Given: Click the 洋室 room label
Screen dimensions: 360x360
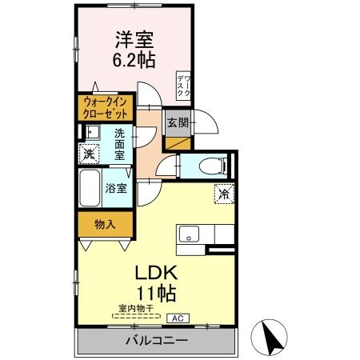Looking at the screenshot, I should pyautogui.click(x=134, y=38).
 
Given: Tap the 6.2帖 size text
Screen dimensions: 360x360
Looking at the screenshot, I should pyautogui.click(x=134, y=60).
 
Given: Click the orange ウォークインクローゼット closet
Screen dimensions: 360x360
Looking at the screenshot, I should pyautogui.click(x=105, y=108).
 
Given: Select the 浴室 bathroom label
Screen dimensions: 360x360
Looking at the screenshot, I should pyautogui.click(x=117, y=189).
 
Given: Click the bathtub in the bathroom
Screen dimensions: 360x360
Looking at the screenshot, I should pyautogui.click(x=91, y=189).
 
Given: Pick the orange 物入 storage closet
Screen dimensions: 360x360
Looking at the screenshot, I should pyautogui.click(x=105, y=223).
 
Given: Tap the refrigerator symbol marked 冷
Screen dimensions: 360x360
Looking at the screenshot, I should pyautogui.click(x=225, y=193).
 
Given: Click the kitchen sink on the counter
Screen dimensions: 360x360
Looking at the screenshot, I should pyautogui.click(x=190, y=234).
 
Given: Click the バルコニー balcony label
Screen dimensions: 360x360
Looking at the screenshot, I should pyautogui.click(x=156, y=342).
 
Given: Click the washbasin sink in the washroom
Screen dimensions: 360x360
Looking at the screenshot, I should pyautogui.click(x=90, y=133).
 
